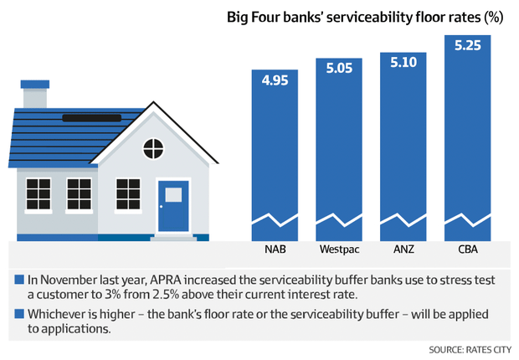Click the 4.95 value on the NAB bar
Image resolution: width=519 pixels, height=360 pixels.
(275, 80)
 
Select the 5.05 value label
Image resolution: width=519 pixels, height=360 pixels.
(339, 68)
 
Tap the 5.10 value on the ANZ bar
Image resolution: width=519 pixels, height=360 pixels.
(403, 62)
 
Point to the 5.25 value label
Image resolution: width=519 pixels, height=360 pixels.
(467, 45)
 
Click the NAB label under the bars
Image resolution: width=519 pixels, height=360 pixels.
(275, 249)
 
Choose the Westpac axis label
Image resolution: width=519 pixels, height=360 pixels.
(339, 249)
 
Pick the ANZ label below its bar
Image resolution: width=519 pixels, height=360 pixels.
(403, 249)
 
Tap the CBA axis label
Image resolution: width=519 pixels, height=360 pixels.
(468, 249)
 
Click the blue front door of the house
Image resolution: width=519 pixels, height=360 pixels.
(173, 206)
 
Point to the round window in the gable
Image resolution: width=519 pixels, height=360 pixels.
(153, 149)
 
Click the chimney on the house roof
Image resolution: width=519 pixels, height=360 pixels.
(35, 94)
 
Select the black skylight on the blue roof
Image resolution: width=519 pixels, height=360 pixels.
(92, 118)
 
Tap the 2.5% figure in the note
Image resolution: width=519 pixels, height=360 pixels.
(165, 295)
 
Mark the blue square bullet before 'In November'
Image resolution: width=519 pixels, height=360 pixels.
(19, 280)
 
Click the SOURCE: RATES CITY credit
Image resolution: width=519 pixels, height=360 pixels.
(470, 350)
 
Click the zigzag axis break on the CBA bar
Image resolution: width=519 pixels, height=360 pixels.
(467, 220)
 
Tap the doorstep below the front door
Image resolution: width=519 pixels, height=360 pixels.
(173, 237)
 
